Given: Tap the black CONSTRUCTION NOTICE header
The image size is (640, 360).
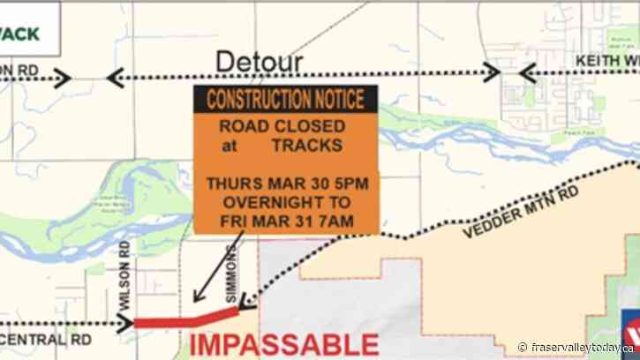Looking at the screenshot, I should (x=285, y=100).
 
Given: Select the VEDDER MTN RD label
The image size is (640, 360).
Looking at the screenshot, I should (x=521, y=212).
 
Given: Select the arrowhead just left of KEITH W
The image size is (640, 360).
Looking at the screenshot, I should (x=528, y=73).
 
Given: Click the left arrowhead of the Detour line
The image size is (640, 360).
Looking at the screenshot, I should (x=113, y=78).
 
